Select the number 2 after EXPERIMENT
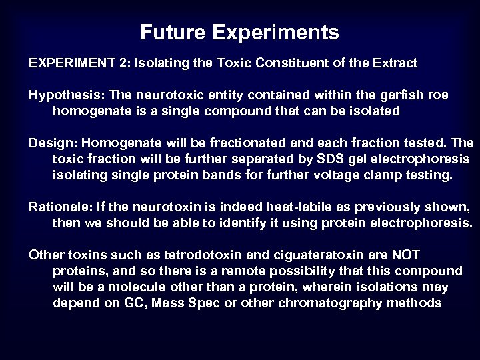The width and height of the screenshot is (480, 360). [x=126, y=64]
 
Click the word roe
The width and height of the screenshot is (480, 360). [x=435, y=95]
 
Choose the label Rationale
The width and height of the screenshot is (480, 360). [x=57, y=208]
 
